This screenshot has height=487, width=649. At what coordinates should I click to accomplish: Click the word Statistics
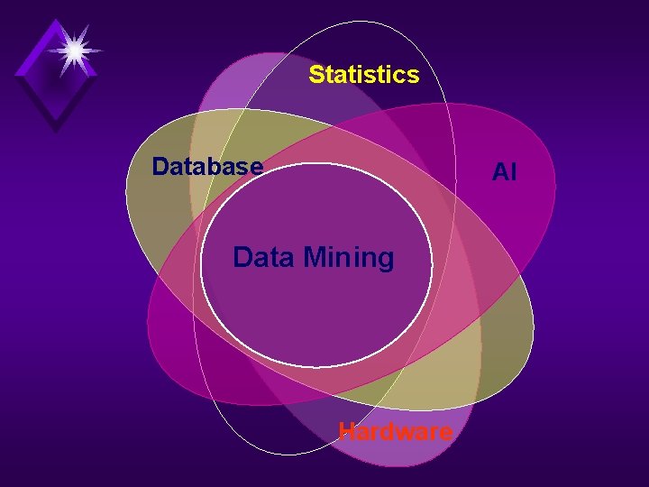(363, 74)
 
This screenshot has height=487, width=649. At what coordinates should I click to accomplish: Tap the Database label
(207, 167)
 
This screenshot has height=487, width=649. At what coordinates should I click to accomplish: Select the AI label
(504, 171)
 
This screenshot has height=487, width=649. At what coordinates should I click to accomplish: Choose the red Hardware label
(395, 432)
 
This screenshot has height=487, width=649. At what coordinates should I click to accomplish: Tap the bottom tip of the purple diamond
(56, 132)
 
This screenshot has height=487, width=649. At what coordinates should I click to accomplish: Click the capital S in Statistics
(316, 74)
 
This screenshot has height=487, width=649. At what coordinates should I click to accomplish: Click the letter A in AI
(498, 171)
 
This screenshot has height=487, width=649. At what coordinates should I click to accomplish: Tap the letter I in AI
(513, 171)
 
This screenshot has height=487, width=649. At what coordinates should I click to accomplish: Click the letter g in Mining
(386, 261)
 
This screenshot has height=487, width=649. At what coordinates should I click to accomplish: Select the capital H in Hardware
(346, 432)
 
